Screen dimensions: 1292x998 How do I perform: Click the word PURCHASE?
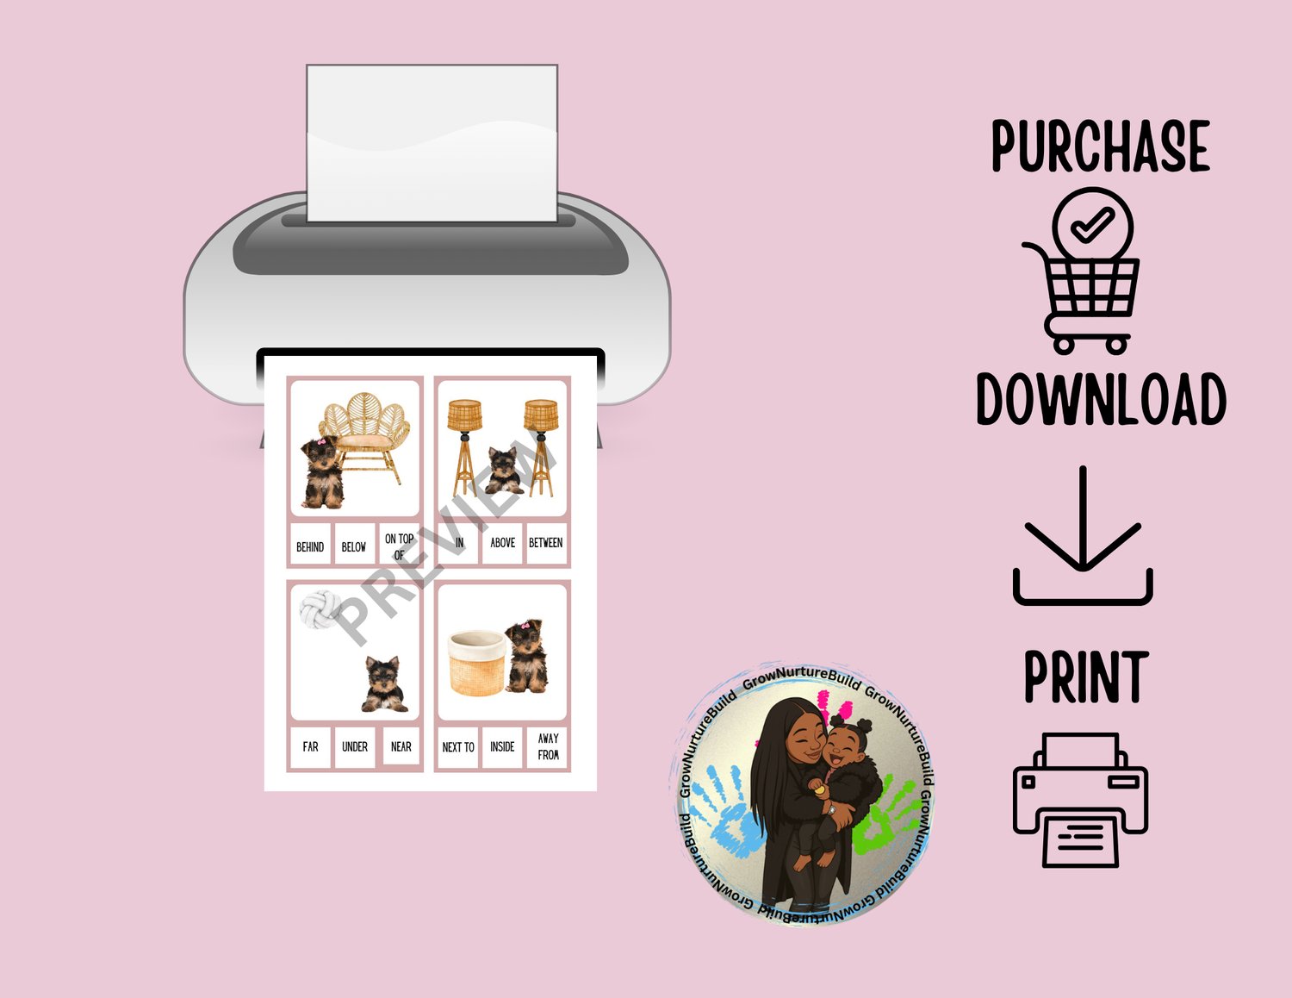point(1101,146)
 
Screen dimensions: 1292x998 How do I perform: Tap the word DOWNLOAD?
point(1101,400)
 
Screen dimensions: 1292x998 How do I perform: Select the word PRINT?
point(1085,677)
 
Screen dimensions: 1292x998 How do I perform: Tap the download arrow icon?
point(1083,535)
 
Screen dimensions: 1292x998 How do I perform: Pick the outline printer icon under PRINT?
point(1080,800)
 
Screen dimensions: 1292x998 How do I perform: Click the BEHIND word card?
point(310,543)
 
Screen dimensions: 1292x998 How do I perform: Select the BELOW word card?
point(354,543)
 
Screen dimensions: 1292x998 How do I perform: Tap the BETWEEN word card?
point(546,543)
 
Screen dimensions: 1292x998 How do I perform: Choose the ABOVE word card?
point(502,543)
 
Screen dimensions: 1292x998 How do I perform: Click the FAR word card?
point(310,747)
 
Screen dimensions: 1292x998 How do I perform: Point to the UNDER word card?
point(354,747)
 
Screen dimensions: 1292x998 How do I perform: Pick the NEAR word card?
point(401,746)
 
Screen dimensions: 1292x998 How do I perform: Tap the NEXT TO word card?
point(458,747)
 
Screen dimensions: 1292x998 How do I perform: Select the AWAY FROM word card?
point(546,747)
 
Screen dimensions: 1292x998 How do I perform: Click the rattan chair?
point(364,437)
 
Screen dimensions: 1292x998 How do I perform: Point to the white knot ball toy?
point(320,609)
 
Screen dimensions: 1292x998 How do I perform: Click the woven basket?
point(477,663)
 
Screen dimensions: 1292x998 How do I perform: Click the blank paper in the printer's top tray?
point(432,143)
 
